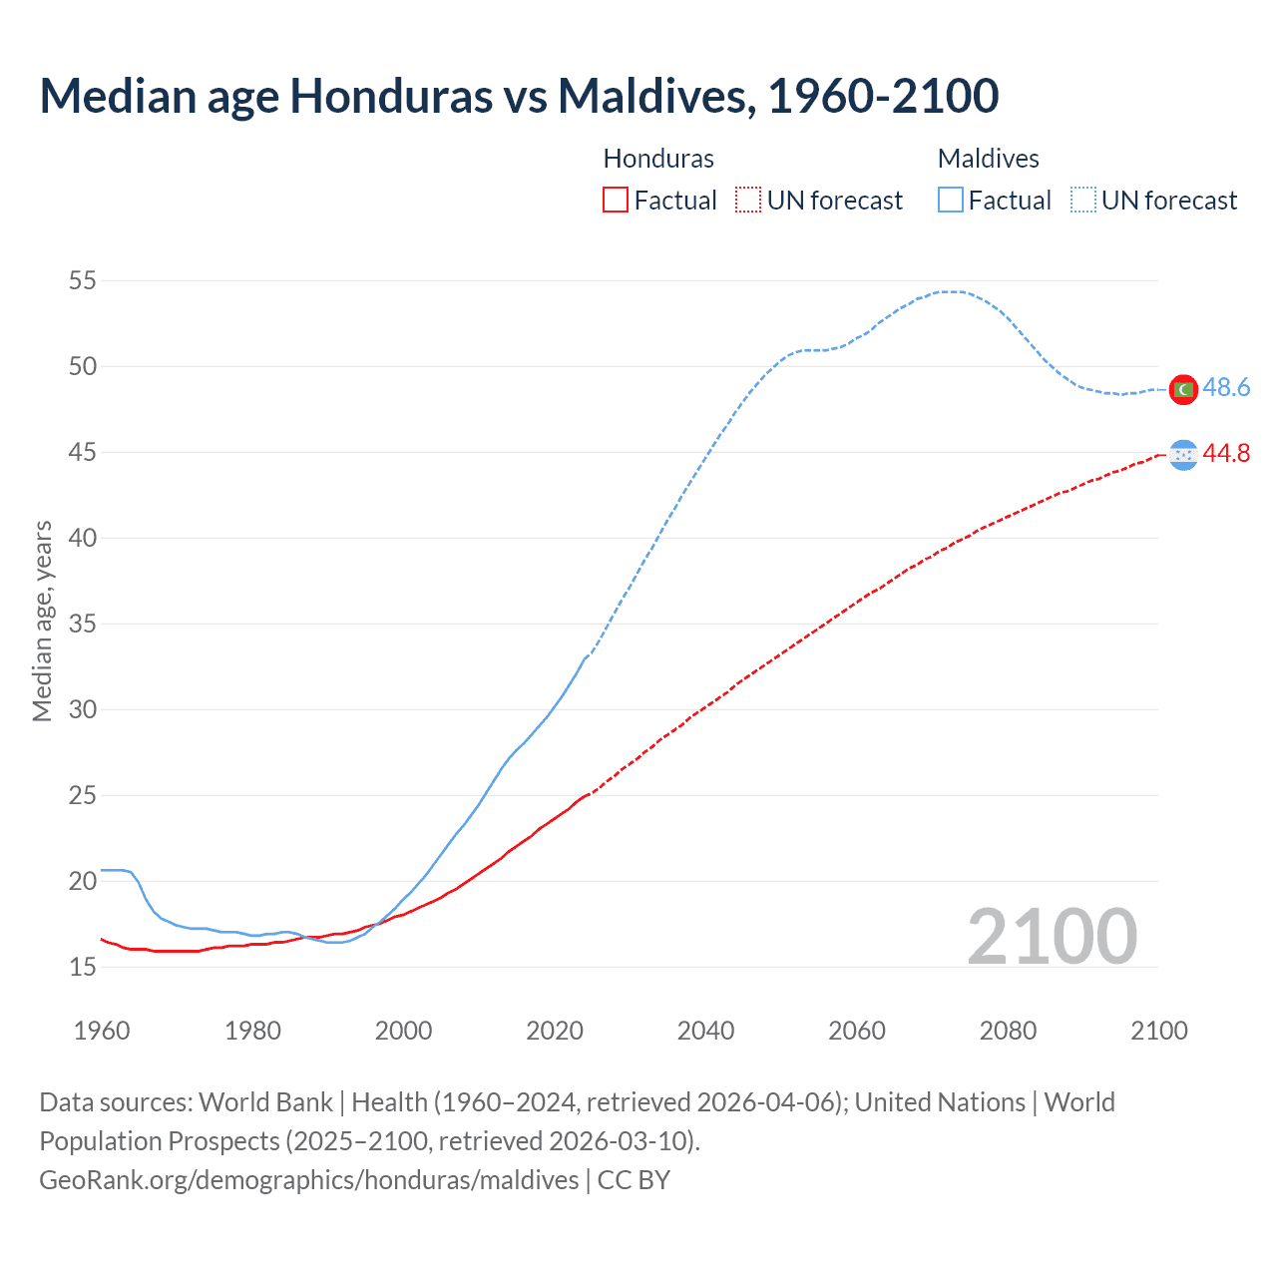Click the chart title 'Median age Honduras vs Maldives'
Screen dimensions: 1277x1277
519,96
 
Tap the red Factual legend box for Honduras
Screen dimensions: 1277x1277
616,201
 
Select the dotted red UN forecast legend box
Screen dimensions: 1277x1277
747,201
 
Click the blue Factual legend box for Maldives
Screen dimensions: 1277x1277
950,201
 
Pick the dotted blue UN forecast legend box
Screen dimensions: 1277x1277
1082,201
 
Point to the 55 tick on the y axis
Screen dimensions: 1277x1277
83,281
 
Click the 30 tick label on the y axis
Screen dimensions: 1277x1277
83,710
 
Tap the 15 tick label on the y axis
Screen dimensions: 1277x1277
83,968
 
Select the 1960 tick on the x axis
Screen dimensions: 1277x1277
102,1031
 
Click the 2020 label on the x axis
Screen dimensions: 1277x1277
555,1031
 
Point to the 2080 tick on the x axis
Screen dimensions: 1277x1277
1008,1031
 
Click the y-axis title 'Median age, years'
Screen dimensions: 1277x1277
42,621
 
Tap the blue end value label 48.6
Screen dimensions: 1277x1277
1226,388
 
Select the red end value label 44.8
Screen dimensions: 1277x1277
1226,454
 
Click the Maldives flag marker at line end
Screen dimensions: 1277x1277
1183,389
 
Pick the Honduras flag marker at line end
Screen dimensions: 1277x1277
1183,455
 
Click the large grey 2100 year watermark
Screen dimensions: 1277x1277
1052,937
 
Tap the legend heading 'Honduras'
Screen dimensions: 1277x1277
658,160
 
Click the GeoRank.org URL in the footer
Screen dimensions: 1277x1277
308,1180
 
